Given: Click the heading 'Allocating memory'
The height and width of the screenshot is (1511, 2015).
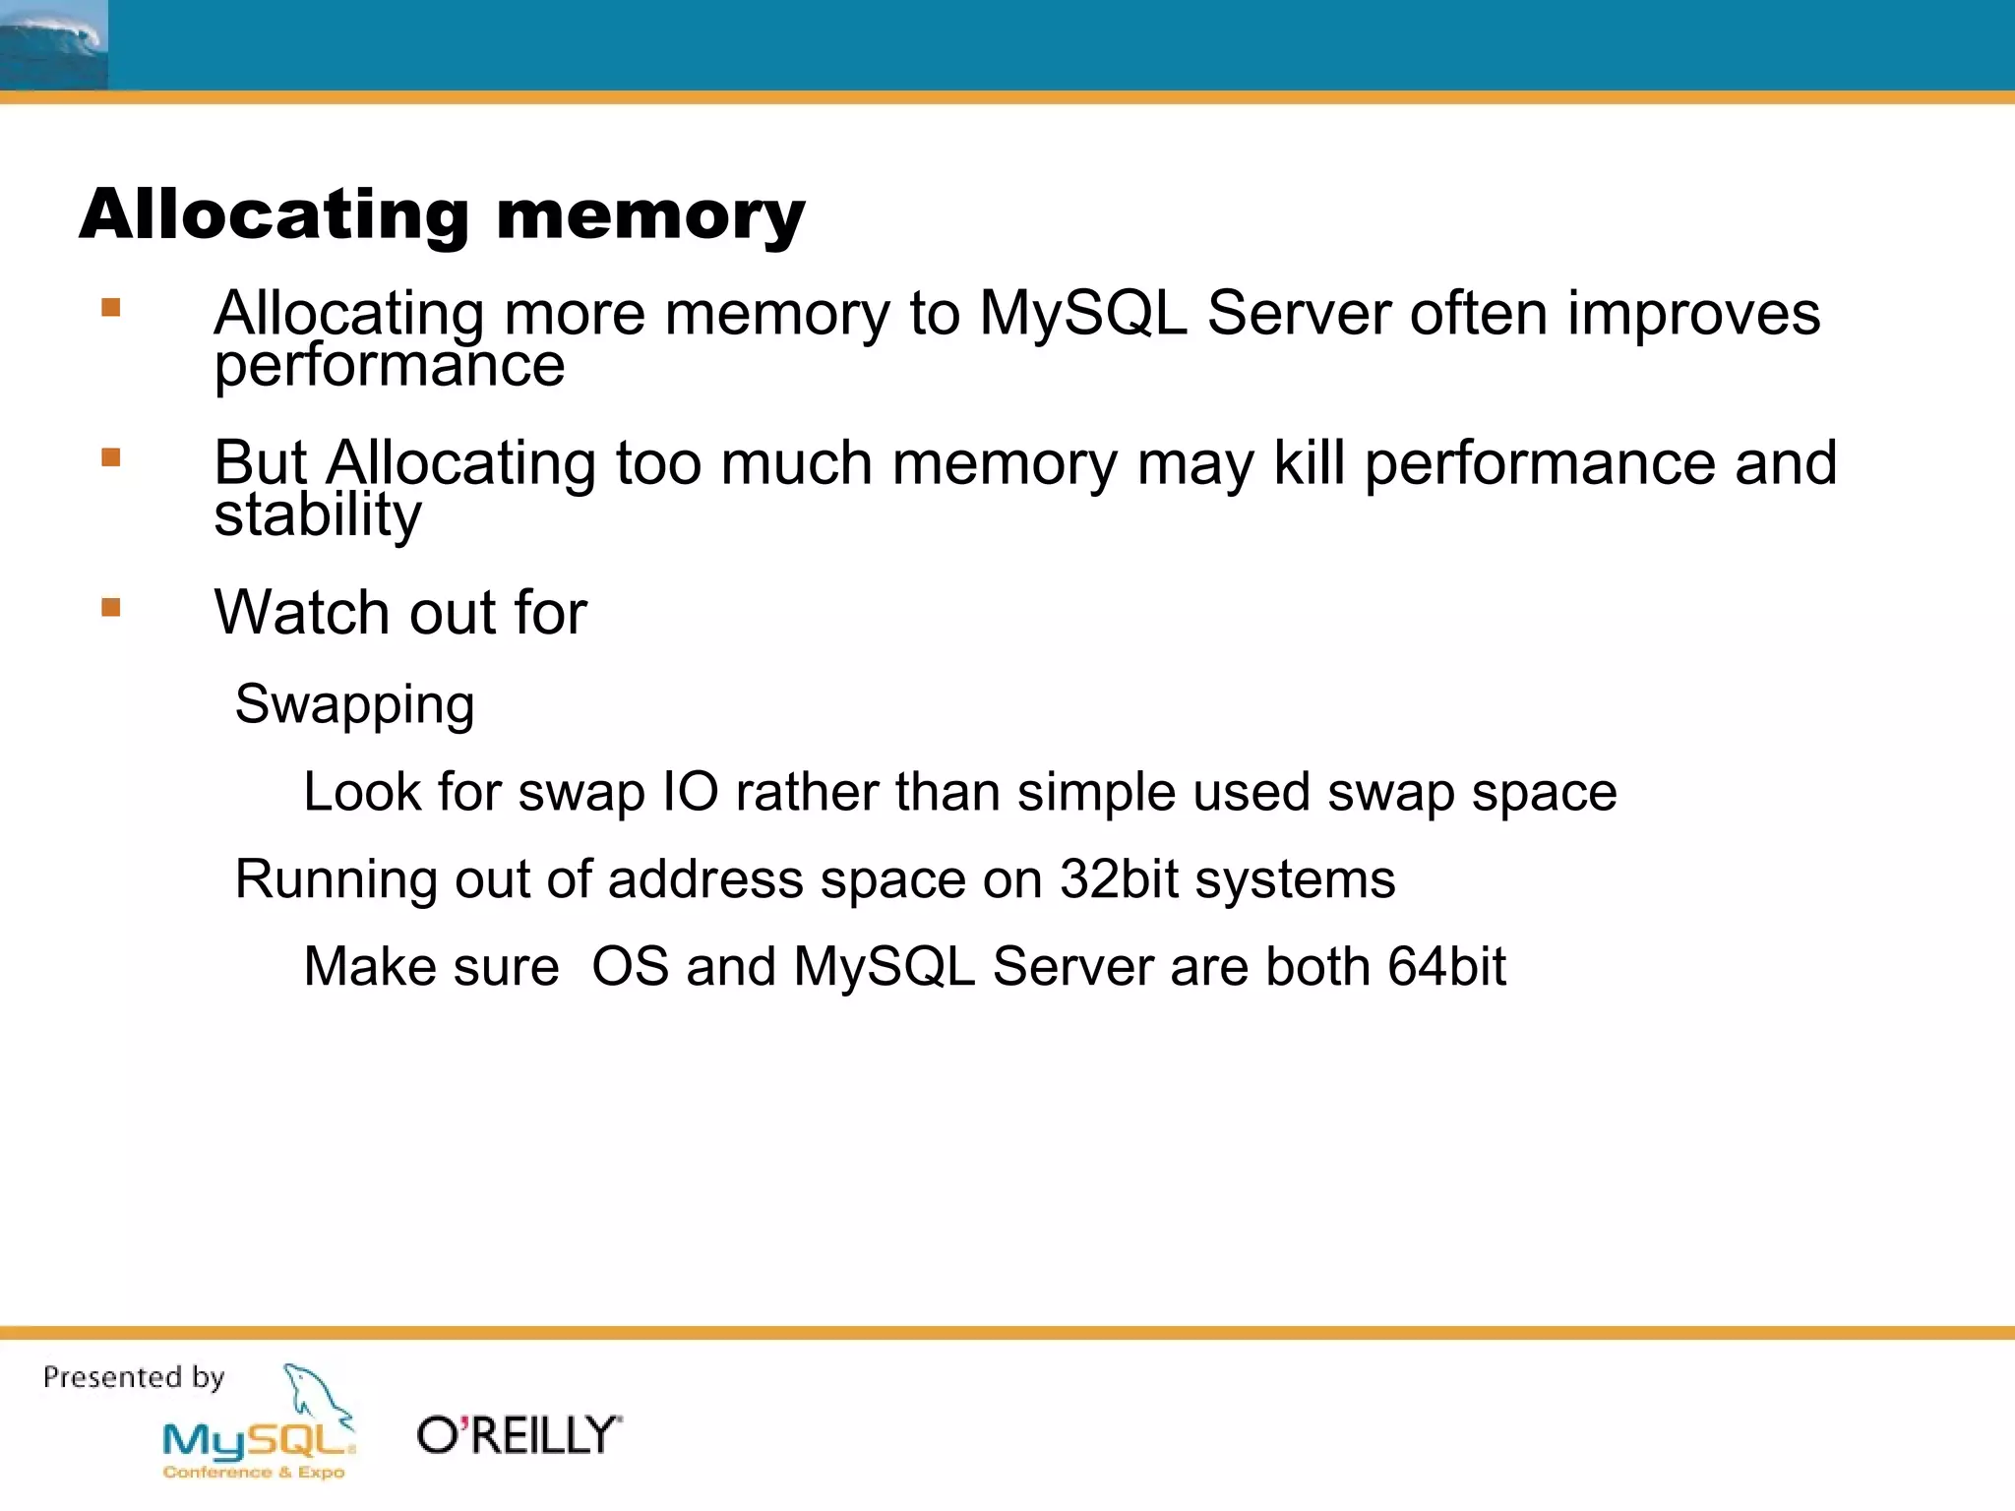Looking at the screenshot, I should pyautogui.click(x=442, y=214).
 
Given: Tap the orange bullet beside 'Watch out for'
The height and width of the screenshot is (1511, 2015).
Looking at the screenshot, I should pyautogui.click(x=111, y=608).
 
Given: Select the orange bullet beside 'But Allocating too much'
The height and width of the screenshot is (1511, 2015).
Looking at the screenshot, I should pyautogui.click(x=111, y=457).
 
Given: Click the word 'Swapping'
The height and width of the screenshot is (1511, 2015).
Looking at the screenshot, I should pyautogui.click(x=354, y=705).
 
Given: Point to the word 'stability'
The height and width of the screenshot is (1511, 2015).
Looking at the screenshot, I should pyautogui.click(x=318, y=514).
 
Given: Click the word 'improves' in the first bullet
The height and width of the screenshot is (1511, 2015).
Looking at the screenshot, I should pyautogui.click(x=1693, y=314).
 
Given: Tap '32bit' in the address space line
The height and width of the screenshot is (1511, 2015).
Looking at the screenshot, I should pyautogui.click(x=1119, y=878).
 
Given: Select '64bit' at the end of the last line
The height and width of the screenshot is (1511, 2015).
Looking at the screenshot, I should pyautogui.click(x=1446, y=966).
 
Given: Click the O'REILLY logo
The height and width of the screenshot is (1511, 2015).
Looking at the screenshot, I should pyautogui.click(x=519, y=1436).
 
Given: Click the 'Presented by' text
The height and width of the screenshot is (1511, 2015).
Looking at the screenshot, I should pyautogui.click(x=134, y=1377).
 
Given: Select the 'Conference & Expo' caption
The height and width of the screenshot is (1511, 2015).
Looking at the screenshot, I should pyautogui.click(x=254, y=1473).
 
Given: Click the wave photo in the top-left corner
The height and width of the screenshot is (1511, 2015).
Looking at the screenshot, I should pyautogui.click(x=53, y=44).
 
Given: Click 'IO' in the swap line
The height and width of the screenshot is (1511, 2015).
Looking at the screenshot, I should pyautogui.click(x=691, y=792).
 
